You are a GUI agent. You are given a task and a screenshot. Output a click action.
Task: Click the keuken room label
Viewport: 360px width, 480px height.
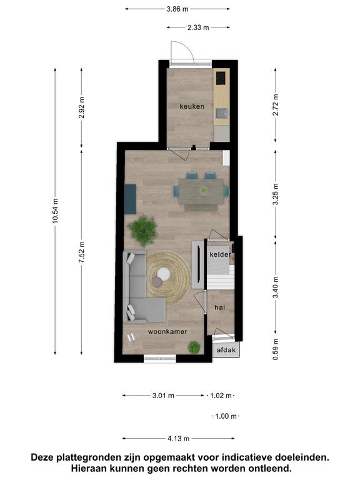[192, 106]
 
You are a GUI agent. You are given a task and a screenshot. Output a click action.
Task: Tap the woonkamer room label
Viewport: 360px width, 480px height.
[167, 331]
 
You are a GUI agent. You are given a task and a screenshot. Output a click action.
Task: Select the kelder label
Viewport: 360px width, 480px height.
[221, 254]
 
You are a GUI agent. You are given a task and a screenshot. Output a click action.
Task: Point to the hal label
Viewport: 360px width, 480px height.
[220, 307]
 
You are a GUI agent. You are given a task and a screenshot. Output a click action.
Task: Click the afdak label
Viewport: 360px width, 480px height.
[226, 350]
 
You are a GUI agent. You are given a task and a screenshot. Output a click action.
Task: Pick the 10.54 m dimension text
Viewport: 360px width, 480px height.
[55, 211]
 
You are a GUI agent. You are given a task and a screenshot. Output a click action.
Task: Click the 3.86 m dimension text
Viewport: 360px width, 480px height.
[177, 9]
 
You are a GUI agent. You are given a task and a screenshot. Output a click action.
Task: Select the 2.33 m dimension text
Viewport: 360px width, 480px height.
[198, 27]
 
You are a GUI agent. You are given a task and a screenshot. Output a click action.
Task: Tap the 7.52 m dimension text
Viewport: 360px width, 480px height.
[81, 252]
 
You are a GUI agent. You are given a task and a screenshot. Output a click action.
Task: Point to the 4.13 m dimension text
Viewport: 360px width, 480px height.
[179, 439]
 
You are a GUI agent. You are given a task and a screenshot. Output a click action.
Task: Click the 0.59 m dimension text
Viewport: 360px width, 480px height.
[276, 349]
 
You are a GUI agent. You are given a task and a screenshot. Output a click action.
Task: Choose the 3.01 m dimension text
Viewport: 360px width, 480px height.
[164, 396]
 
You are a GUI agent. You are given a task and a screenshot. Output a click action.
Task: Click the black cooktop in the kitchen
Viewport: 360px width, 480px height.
[221, 78]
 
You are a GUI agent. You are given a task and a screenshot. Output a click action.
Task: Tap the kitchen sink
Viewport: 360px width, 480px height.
[221, 114]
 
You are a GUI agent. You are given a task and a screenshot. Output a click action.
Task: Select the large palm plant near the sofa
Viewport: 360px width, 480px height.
[142, 230]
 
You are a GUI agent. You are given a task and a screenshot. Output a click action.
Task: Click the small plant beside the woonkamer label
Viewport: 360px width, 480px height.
[194, 347]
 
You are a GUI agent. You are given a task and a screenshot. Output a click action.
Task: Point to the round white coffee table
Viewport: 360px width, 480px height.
[164, 274]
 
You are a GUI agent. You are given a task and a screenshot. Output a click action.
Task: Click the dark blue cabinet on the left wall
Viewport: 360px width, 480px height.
[131, 199]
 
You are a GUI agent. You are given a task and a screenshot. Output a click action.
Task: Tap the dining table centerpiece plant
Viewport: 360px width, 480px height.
[204, 191]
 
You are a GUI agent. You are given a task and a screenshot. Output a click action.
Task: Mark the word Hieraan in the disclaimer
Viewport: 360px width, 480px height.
[89, 469]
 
